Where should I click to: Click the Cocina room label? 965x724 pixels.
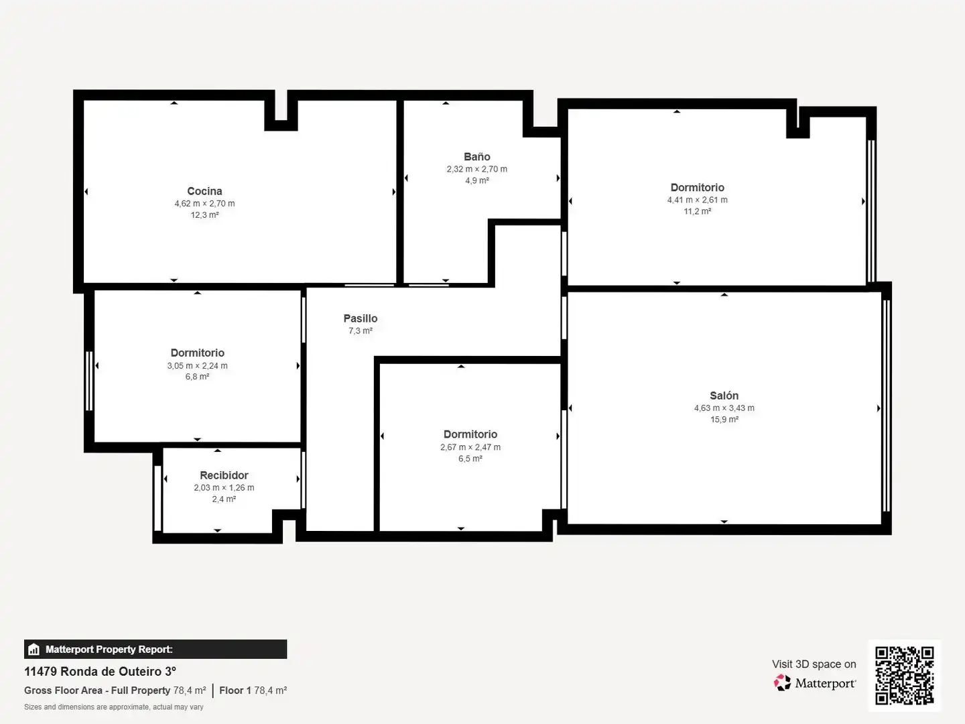coord(204,191)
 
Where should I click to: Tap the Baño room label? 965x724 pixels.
coord(477,156)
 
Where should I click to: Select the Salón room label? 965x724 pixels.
coord(724,396)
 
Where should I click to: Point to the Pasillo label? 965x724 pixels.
coord(361,318)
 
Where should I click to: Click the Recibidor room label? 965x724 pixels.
coord(224,475)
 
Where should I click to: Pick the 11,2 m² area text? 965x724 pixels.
coord(697,211)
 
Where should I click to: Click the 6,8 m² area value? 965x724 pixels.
coord(198,377)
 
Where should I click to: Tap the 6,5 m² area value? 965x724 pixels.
coord(470,459)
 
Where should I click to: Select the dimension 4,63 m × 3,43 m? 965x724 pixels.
coord(724,408)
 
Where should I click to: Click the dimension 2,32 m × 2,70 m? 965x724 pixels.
coord(477,169)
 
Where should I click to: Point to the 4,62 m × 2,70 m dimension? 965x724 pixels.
coord(204,204)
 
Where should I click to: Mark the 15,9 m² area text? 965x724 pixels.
coord(724,420)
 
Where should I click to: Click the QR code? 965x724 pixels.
coord(904,676)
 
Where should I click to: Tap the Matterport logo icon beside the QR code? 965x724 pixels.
coord(782,682)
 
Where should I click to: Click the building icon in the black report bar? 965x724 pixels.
coord(34,650)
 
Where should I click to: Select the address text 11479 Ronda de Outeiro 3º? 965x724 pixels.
coord(101,672)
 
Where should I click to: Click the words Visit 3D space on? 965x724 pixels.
coord(814,664)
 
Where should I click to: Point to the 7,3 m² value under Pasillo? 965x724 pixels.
coord(361,330)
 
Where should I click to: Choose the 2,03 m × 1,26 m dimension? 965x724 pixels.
coord(224,487)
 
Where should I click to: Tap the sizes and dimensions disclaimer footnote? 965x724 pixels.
coord(114,707)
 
